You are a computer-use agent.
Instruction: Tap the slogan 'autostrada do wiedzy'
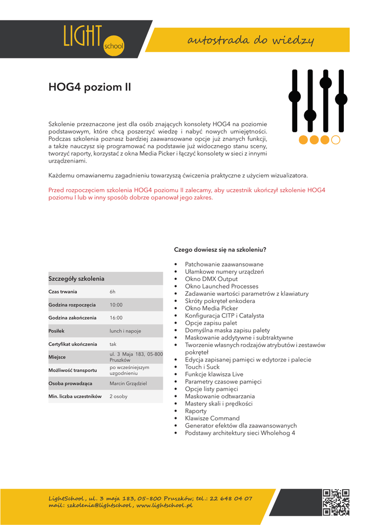click(x=251, y=40)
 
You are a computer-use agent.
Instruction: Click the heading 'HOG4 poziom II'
click(x=90, y=87)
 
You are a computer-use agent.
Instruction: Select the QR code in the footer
click(x=336, y=502)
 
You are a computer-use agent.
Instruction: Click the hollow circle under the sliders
click(x=336, y=139)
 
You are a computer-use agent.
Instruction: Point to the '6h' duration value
click(x=113, y=292)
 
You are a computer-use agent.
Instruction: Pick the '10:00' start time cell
click(x=116, y=305)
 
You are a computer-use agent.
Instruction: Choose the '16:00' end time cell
click(x=116, y=318)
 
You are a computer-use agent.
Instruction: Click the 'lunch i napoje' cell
click(x=125, y=331)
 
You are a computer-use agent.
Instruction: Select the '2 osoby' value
click(x=118, y=396)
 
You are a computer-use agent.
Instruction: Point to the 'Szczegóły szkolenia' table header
click(x=76, y=278)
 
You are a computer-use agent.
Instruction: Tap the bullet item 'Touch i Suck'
click(x=202, y=367)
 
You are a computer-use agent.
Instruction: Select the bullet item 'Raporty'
click(x=196, y=411)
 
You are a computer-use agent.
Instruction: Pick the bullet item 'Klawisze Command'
click(x=212, y=418)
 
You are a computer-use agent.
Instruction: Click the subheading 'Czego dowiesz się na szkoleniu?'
click(x=220, y=250)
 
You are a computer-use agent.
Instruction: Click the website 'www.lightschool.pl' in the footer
click(x=164, y=506)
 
